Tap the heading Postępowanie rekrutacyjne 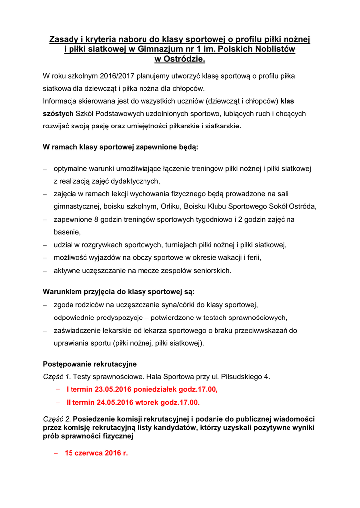[90, 364]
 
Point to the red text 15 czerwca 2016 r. [96, 453]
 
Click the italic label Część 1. [57, 377]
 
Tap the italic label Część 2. [57, 419]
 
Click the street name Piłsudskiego [239, 377]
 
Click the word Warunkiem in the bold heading [64, 291]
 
